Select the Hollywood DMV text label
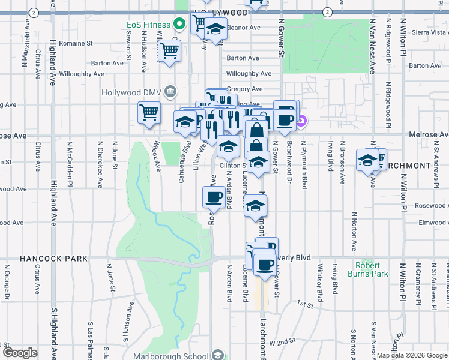coord(132,92)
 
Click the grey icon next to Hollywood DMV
coord(171,92)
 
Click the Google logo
coord(20,353)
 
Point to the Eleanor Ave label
coord(243,28)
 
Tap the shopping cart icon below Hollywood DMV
coord(149,112)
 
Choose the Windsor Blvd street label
coord(319,279)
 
